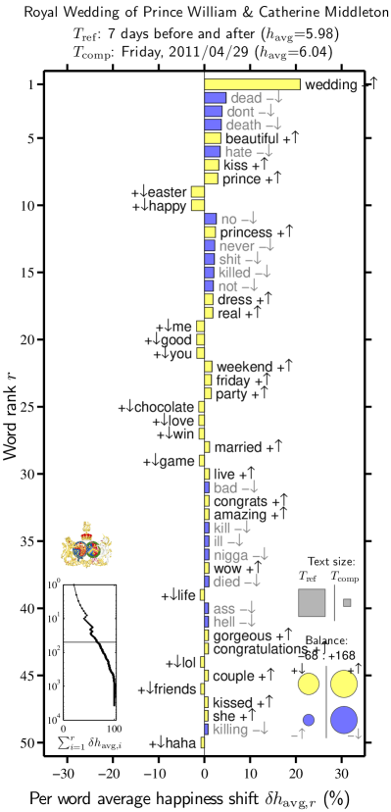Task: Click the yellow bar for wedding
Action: pyautogui.click(x=252, y=84)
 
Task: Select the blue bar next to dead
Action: pyautogui.click(x=215, y=98)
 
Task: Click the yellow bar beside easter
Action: pyautogui.click(x=197, y=192)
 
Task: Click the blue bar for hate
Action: pyautogui.click(x=212, y=152)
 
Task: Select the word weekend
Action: pyautogui.click(x=244, y=367)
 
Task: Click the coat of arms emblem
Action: pyautogui.click(x=86, y=545)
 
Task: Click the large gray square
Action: pyautogui.click(x=312, y=602)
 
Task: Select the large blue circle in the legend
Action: pyautogui.click(x=343, y=720)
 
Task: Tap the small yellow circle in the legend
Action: pyautogui.click(x=308, y=684)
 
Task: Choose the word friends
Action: pyautogui.click(x=175, y=689)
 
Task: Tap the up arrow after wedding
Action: pyautogui.click(x=372, y=85)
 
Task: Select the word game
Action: pyautogui.click(x=176, y=461)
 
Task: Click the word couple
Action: pyautogui.click(x=234, y=677)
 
